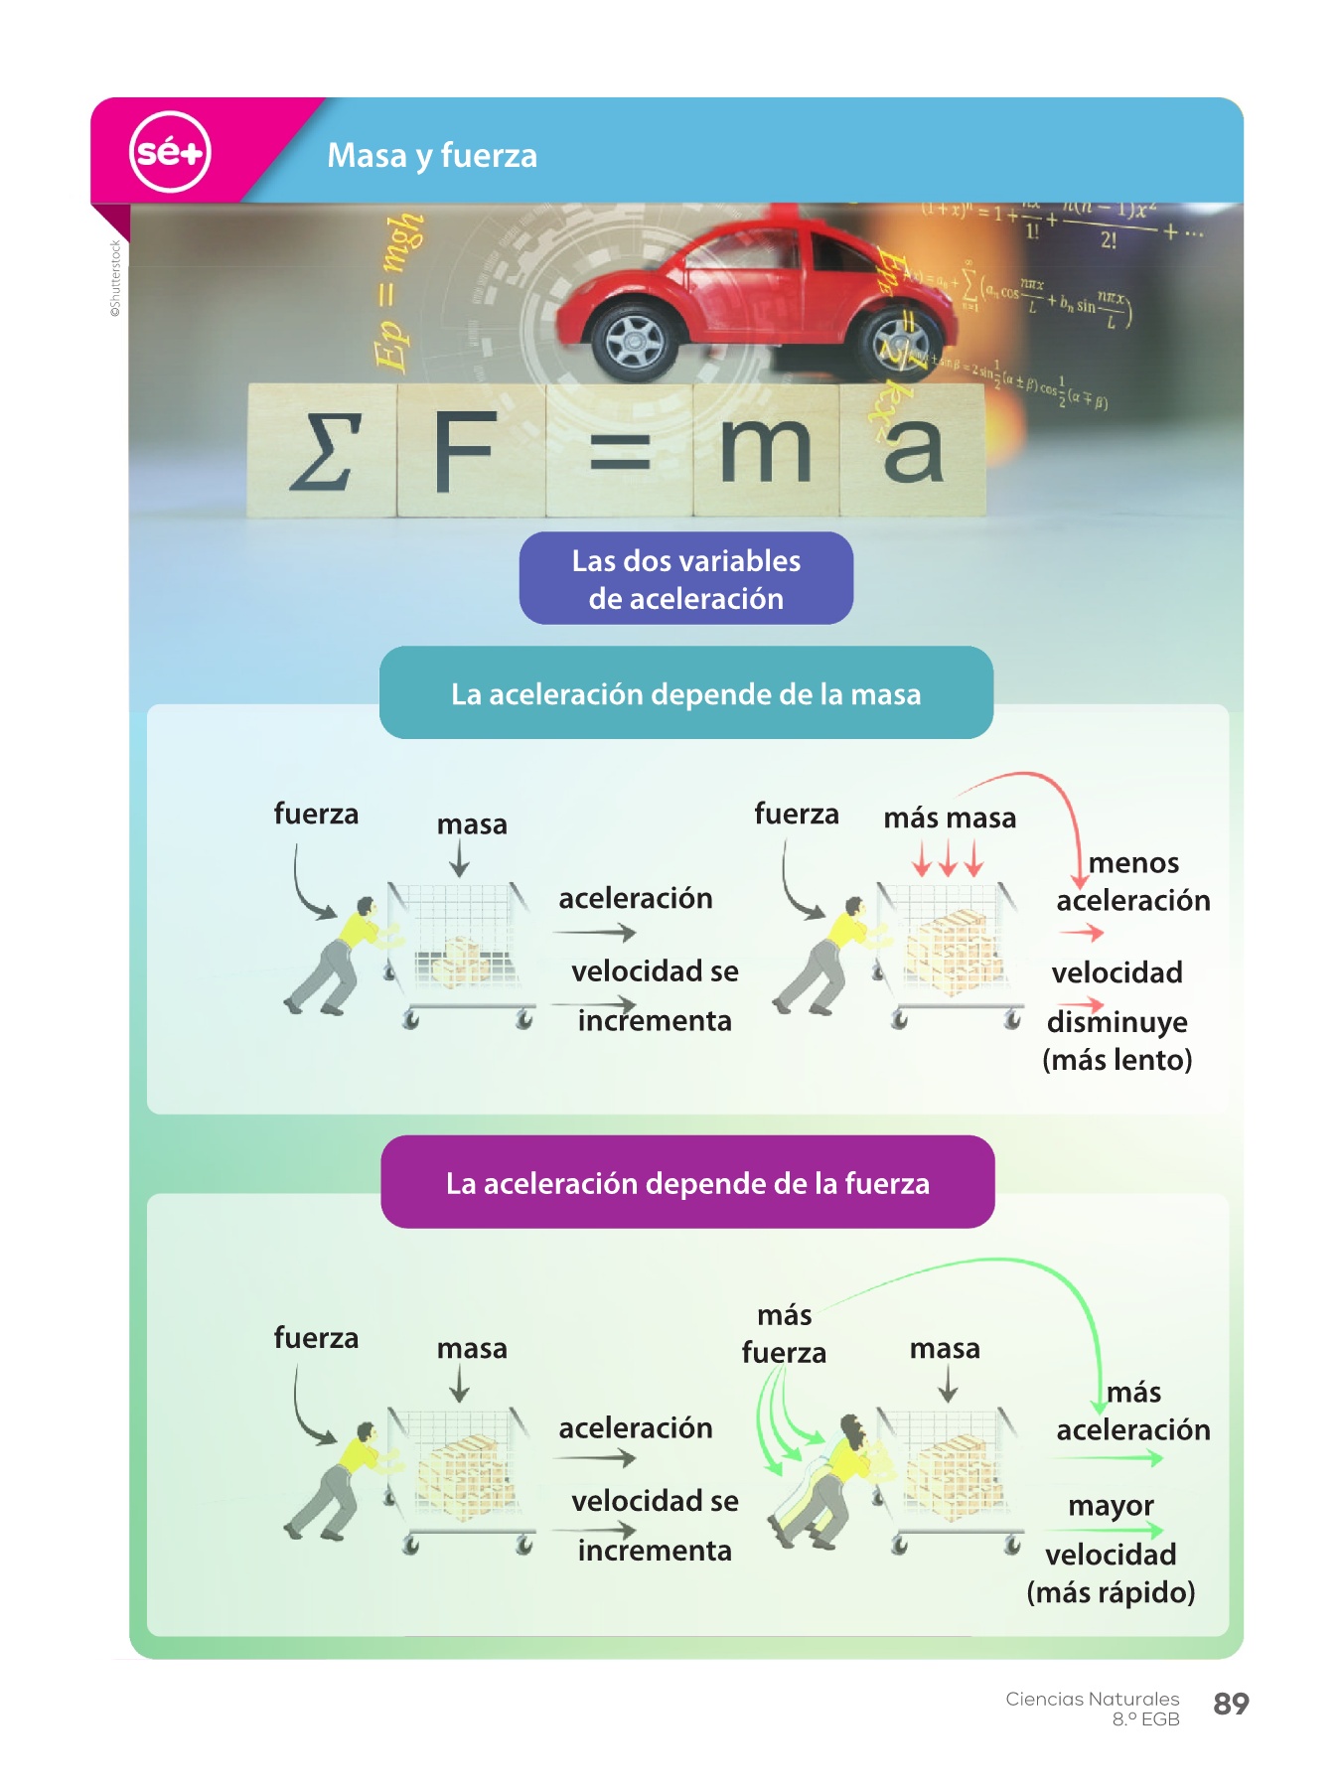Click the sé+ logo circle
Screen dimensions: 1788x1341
(x=170, y=152)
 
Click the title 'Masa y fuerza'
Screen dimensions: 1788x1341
(x=432, y=156)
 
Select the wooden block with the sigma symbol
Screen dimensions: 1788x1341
(x=322, y=451)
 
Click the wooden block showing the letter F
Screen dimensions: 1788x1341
(x=468, y=452)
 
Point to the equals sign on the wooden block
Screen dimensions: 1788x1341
(x=620, y=452)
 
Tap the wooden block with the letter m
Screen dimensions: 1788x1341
(x=765, y=452)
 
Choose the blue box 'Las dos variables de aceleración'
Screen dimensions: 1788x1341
(x=685, y=579)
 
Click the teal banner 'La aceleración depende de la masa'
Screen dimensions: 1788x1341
(x=685, y=693)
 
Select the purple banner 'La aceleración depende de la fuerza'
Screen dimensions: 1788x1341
(x=687, y=1183)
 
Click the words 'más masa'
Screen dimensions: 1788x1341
(x=950, y=819)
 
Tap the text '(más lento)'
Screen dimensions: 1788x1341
(x=1117, y=1061)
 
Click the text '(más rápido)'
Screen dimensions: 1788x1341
(x=1111, y=1593)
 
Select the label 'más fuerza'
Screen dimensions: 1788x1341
(x=784, y=1334)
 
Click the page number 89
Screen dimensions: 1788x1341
(x=1231, y=1705)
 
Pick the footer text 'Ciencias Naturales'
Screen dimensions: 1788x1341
(x=1092, y=1700)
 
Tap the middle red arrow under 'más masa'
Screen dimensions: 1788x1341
(x=949, y=857)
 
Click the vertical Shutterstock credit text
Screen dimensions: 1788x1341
(x=115, y=278)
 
